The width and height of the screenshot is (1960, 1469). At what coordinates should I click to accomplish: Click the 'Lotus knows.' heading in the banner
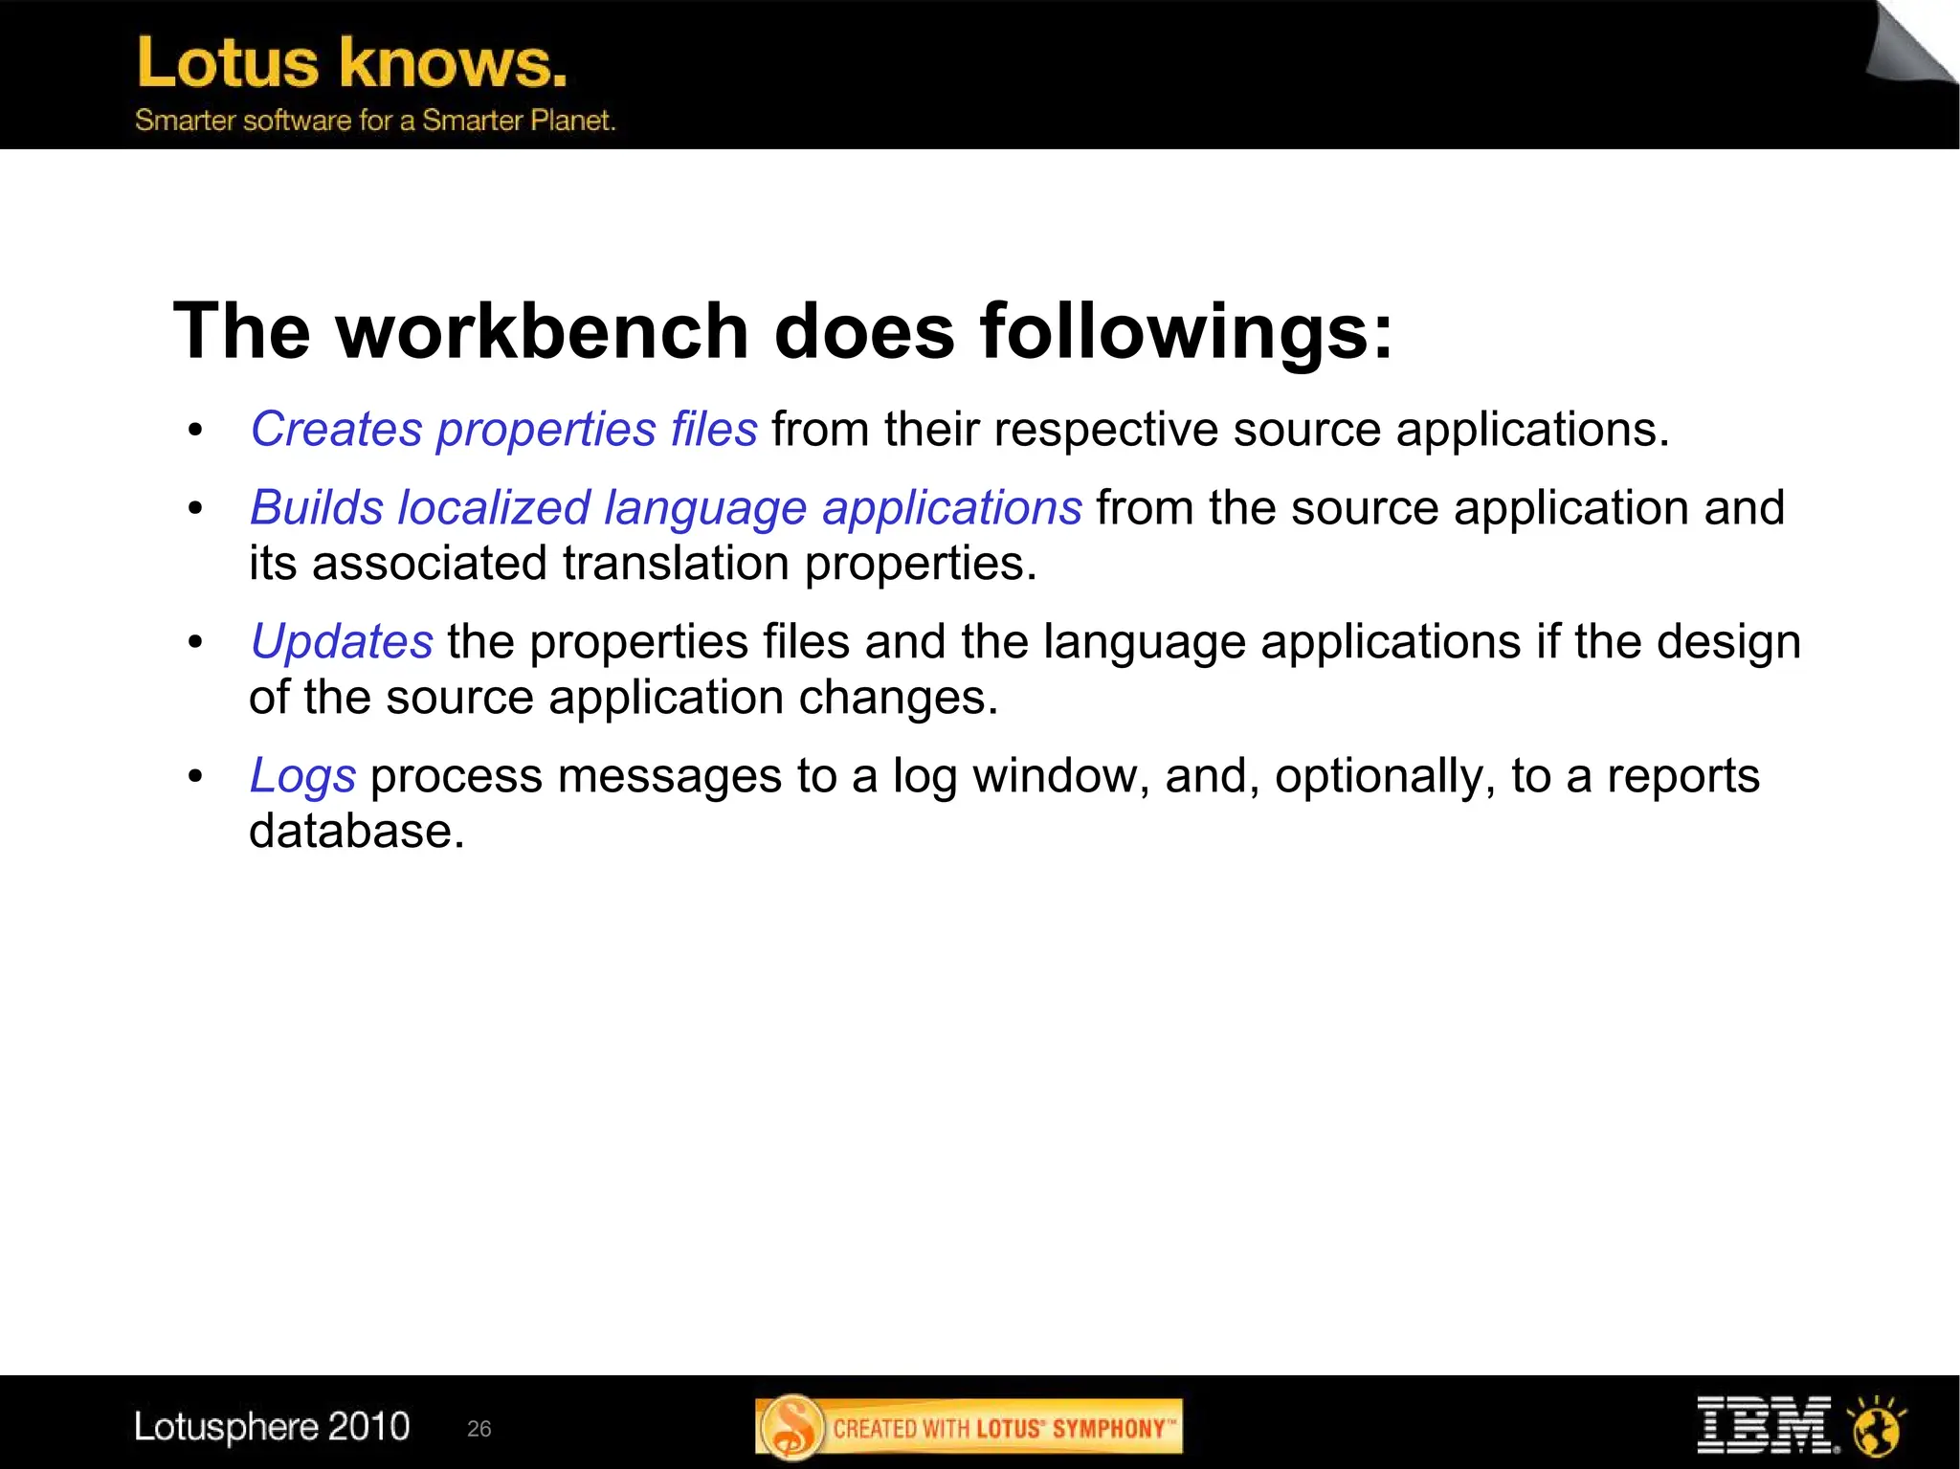(x=351, y=63)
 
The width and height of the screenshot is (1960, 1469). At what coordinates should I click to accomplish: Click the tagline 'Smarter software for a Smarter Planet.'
(x=374, y=121)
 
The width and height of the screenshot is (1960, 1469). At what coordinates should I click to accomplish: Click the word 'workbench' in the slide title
(x=542, y=331)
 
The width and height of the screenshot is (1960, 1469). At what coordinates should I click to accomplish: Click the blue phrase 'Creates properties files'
(x=503, y=429)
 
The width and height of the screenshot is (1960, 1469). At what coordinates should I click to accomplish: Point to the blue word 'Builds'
(x=316, y=507)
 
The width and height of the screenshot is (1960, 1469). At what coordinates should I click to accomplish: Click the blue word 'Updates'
(x=342, y=641)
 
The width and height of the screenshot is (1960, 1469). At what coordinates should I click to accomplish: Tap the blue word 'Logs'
(x=302, y=775)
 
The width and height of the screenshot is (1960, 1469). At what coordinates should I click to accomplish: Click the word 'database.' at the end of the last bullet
(x=356, y=831)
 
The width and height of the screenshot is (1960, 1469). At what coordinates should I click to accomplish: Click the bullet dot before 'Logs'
(x=195, y=776)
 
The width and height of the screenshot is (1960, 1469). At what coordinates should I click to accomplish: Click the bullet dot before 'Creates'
(x=195, y=430)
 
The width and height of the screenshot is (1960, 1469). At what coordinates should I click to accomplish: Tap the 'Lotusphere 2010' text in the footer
(x=272, y=1426)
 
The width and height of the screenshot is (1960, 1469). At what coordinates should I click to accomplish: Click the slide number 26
(x=479, y=1429)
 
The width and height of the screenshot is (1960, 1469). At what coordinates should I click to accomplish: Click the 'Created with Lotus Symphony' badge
(x=969, y=1427)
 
